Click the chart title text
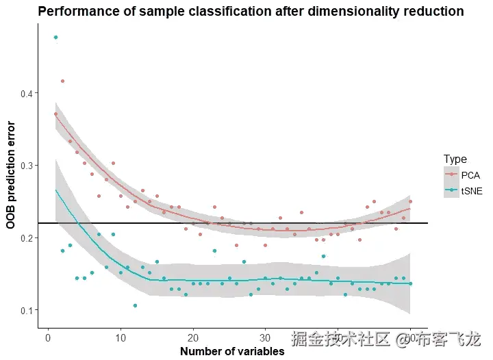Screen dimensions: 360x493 click(251, 12)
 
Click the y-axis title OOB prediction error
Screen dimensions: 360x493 click(11, 174)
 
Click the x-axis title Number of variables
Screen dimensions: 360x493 click(231, 352)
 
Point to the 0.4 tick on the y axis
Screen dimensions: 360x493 click(26, 93)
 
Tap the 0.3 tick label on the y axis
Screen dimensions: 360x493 click(26, 166)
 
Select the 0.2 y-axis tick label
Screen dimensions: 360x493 click(26, 238)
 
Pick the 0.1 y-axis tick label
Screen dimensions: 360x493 click(26, 311)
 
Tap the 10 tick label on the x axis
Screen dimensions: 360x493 click(121, 337)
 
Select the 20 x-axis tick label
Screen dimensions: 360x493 click(193, 337)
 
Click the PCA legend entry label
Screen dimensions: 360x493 click(470, 175)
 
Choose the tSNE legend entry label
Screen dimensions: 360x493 click(472, 192)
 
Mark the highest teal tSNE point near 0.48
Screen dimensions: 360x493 click(55, 37)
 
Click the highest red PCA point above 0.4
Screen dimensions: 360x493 click(62, 81)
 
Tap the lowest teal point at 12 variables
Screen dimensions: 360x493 click(135, 305)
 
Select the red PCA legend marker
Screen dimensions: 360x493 click(451, 175)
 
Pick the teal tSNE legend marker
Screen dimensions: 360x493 click(451, 192)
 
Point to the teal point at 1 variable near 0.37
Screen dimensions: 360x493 click(55, 114)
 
